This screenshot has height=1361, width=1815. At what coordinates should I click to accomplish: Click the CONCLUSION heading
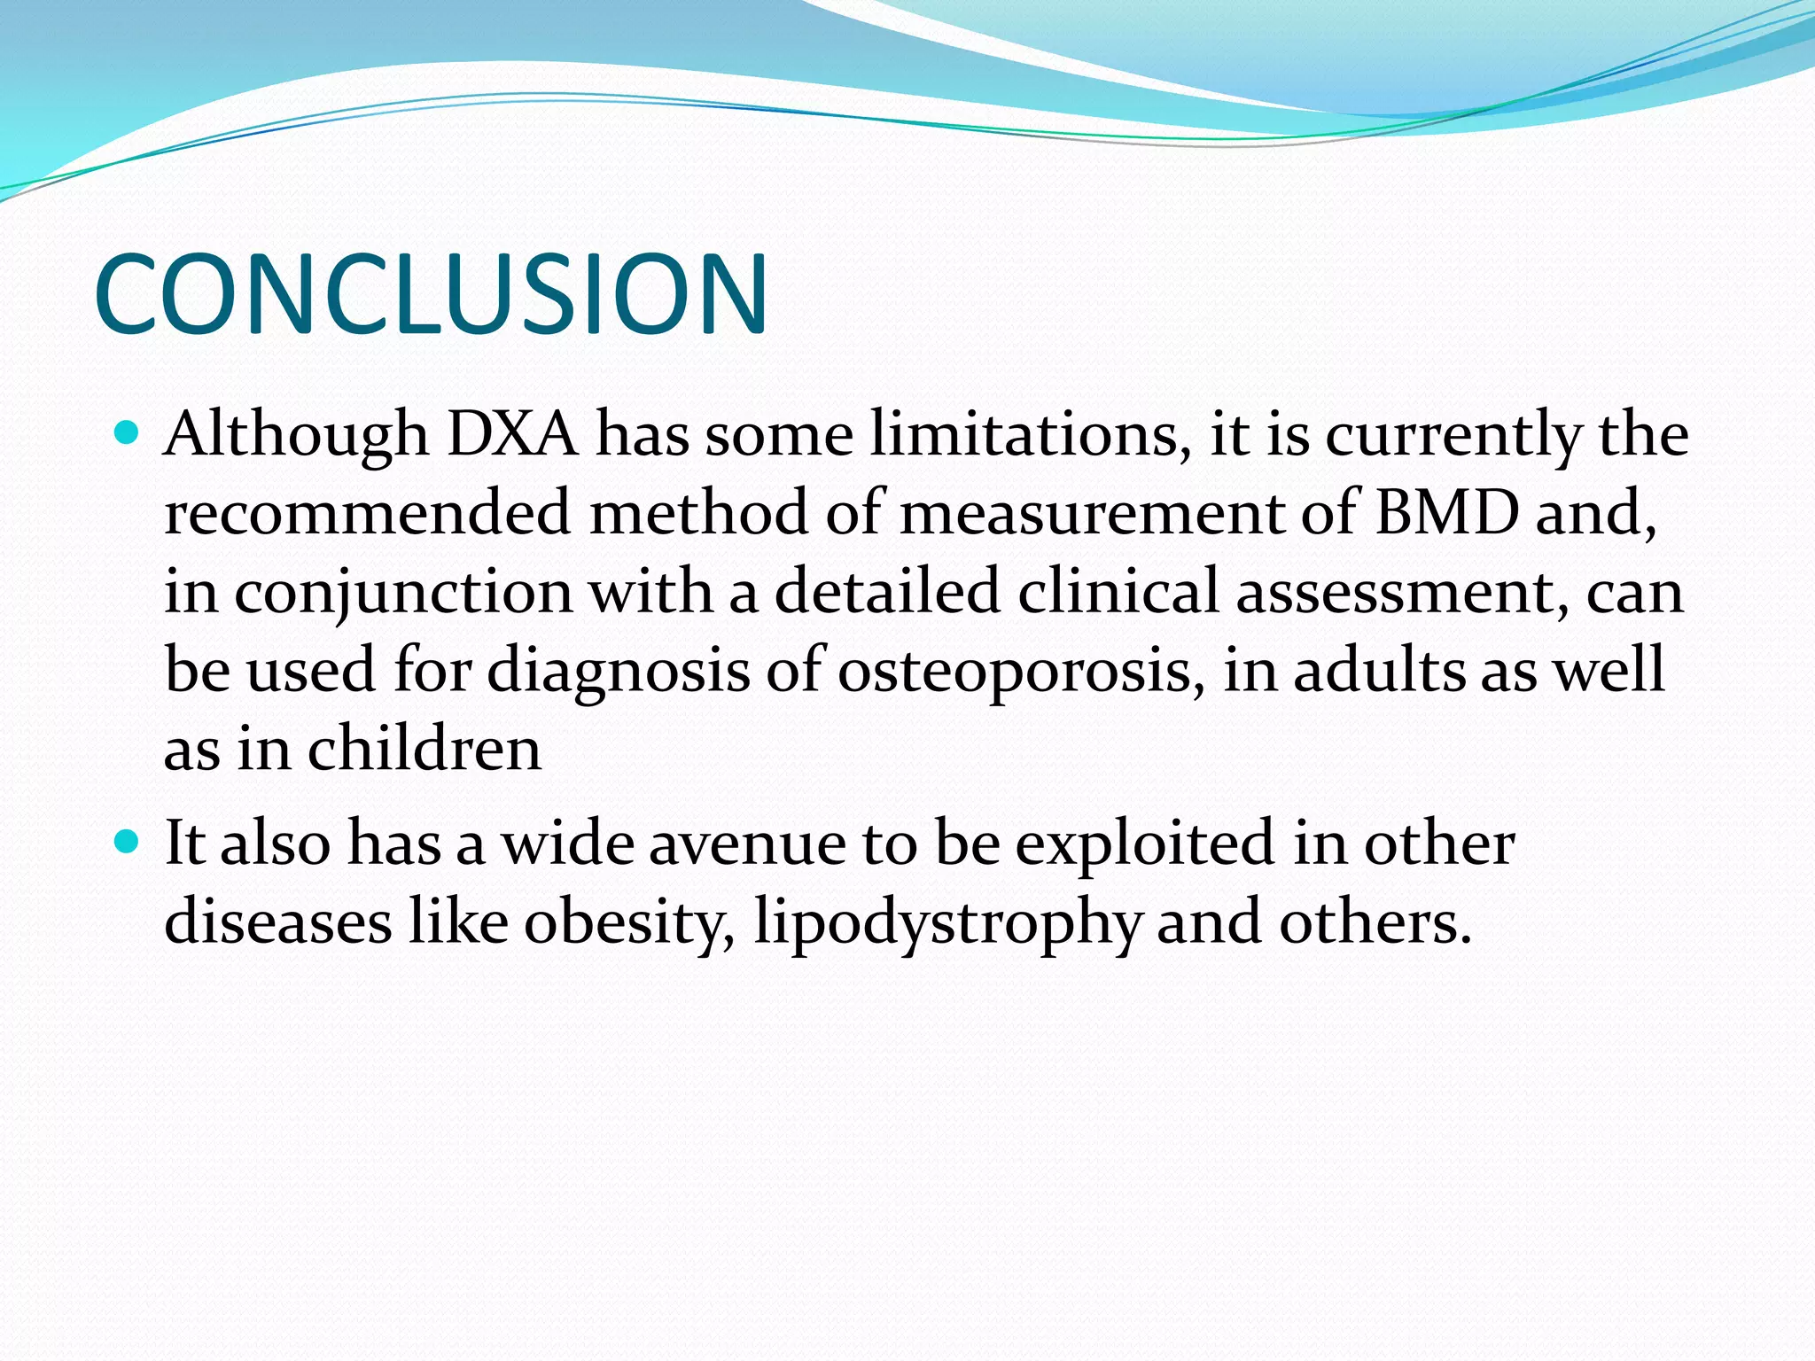(x=431, y=294)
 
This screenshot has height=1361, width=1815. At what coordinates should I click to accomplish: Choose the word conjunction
(x=403, y=592)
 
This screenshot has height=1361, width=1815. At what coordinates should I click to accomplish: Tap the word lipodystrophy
(x=946, y=922)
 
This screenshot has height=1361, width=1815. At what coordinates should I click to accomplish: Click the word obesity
(x=629, y=922)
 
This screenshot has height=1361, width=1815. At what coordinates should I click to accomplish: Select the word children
(x=424, y=749)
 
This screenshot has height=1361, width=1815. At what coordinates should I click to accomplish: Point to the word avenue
(x=747, y=843)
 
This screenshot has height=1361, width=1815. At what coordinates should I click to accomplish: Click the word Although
(x=296, y=434)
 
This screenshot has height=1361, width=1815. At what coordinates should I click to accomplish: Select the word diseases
(x=277, y=922)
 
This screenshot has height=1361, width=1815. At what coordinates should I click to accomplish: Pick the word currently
(x=1453, y=434)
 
